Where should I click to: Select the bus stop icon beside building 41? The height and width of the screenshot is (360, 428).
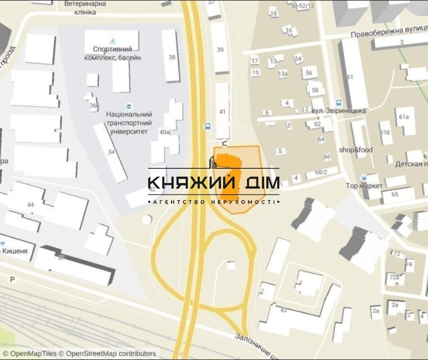208,126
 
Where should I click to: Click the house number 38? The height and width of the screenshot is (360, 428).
172,57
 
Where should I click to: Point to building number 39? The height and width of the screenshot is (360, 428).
220,50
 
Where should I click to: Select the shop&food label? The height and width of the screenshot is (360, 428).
356,150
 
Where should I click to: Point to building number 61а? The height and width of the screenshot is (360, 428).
404,117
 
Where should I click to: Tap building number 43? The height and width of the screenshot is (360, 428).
284,310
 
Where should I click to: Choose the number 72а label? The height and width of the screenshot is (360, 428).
394,277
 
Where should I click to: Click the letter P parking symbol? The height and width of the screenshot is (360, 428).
13,279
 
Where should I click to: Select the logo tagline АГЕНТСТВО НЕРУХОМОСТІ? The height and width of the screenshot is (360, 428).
214,202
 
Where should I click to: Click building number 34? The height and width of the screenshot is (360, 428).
111,152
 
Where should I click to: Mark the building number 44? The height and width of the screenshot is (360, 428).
31,205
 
